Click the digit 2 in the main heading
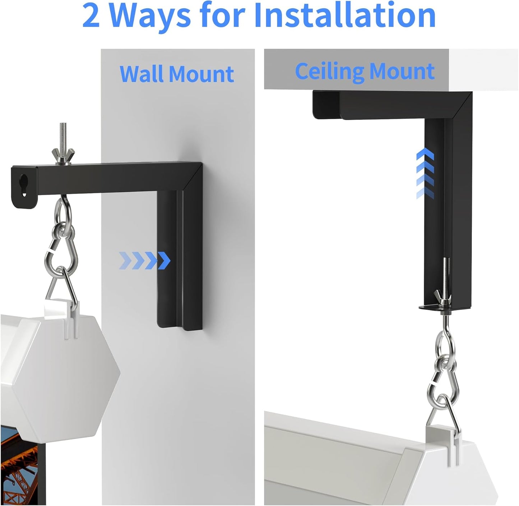coord(92,16)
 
